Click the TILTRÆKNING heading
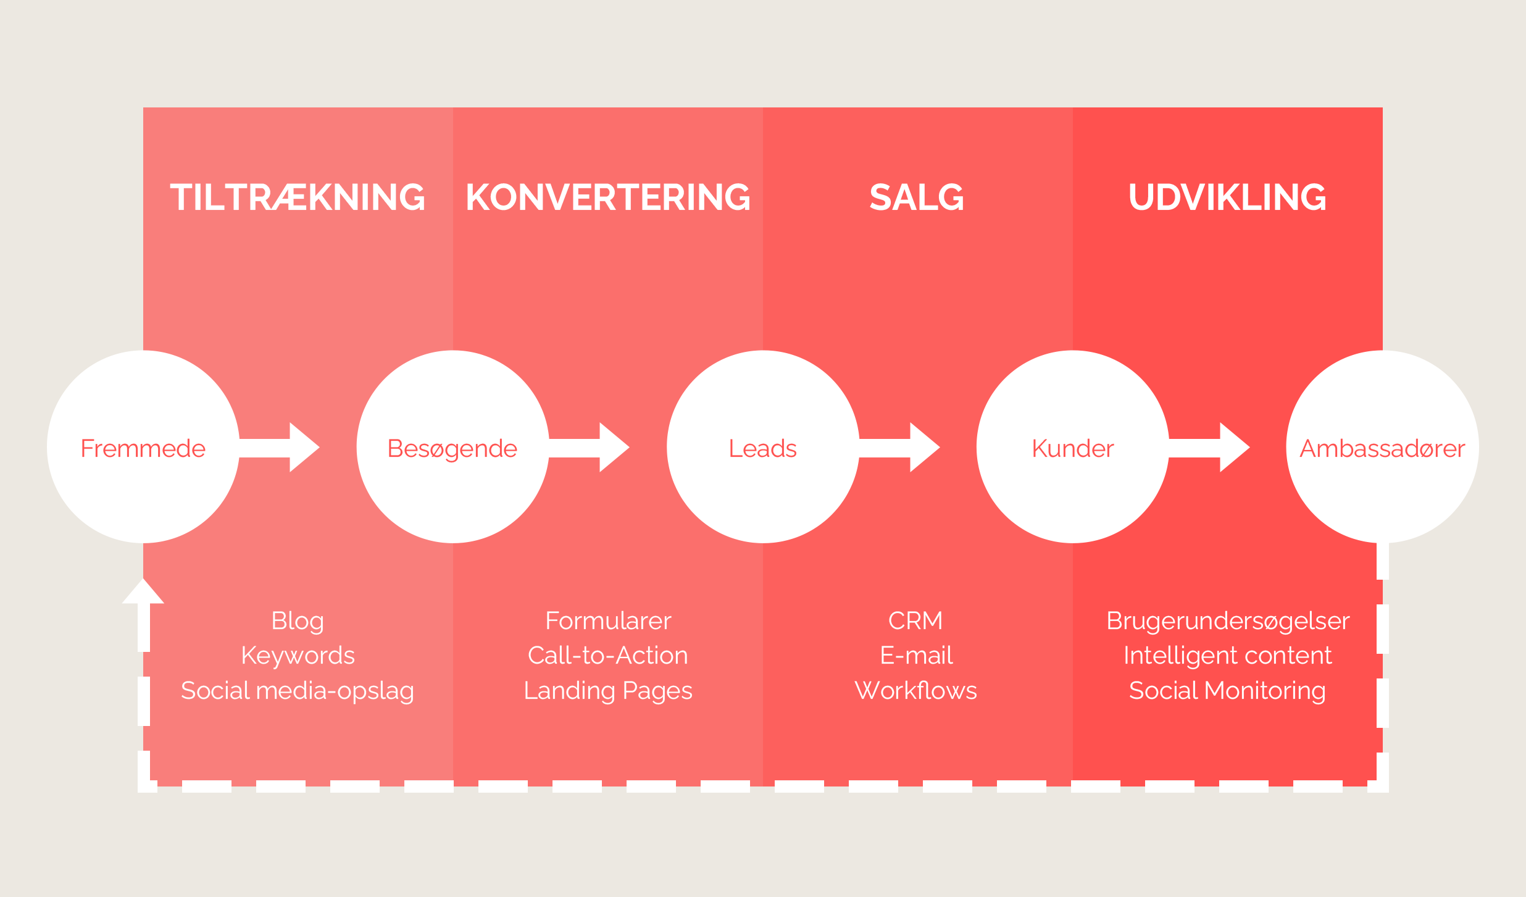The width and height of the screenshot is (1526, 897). coord(298,198)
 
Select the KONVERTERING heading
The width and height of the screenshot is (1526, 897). coord(608,198)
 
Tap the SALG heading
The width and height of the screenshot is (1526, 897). coord(917,198)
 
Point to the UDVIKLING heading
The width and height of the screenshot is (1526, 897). coord(1227,198)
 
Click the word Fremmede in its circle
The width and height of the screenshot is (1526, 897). coord(143,448)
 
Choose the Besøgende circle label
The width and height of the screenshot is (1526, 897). coord(452,449)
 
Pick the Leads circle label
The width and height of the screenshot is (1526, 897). coord(763,448)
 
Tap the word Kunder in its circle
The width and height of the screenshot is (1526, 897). coord(1073,448)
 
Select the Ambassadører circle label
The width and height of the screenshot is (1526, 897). coord(1383,448)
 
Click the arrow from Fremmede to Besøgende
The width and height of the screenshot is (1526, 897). coord(280,447)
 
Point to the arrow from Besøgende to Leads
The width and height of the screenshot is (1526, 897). coord(590,447)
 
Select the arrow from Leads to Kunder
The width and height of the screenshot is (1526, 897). coord(900,447)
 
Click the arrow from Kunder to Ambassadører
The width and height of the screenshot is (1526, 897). coord(1210,447)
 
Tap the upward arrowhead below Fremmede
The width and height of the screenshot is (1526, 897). coord(143,592)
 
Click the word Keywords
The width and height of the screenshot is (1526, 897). coord(298,656)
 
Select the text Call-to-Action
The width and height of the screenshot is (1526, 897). coord(608,656)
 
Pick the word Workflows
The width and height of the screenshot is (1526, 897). coord(916,690)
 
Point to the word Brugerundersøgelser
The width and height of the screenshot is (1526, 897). coord(1228,621)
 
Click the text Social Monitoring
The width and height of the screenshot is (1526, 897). coord(1227,690)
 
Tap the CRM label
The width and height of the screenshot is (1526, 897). coord(915,620)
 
